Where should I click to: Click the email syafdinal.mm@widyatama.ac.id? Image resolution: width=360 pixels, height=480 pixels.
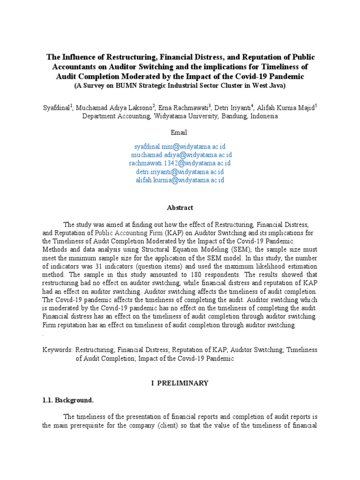pos(180,147)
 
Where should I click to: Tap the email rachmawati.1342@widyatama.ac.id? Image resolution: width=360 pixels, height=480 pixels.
pos(180,163)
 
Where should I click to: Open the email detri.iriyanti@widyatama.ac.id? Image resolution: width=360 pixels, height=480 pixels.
pos(180,172)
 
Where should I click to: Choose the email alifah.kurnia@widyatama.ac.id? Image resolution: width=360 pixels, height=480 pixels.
pos(180,180)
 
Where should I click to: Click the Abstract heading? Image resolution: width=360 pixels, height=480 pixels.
pos(180,207)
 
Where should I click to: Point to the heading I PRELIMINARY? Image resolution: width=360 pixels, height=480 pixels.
pos(180,383)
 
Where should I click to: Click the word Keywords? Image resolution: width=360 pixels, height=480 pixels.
pos(57,350)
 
